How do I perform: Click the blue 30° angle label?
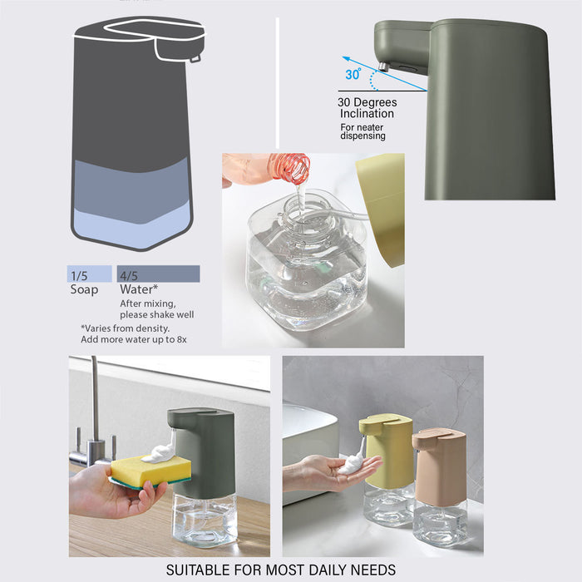point(353,74)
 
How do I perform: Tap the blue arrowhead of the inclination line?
point(346,58)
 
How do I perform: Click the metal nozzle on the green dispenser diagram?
point(382,67)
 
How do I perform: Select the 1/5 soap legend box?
point(90,274)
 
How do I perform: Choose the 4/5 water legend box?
point(159,274)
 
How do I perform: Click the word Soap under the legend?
point(84,289)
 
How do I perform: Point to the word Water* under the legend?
point(139,289)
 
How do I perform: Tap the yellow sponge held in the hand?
point(151,471)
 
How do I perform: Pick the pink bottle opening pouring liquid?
point(295,169)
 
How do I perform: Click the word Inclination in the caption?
point(367,114)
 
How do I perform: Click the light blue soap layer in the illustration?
point(132,226)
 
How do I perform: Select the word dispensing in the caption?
point(363,136)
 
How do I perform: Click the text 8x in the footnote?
point(182,339)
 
